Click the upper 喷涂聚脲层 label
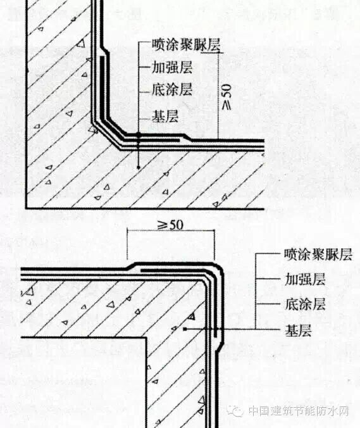coord(186,44)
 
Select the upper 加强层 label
coord(172,67)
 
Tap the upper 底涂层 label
coord(172,89)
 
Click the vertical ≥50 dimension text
coord(227,97)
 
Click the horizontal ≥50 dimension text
coord(170,225)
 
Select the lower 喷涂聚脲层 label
coord(318,255)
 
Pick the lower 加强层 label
coord(305,279)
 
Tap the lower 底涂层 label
coord(305,304)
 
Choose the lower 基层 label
coord(298,330)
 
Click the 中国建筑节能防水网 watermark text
coord(299,410)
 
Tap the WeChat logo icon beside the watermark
coord(235,410)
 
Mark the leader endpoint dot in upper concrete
coord(139,167)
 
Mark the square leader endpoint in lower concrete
coord(185,329)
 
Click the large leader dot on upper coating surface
coord(139,135)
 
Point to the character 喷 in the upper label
coord(158,44)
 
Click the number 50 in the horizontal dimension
coord(176,225)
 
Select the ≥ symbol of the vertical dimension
coord(227,105)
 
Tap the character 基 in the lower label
coord(291,330)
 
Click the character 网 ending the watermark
coord(344,410)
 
